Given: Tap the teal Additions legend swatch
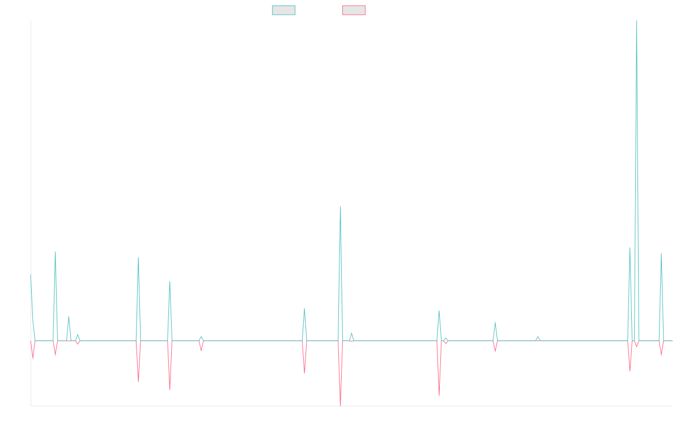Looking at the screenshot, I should click(284, 10).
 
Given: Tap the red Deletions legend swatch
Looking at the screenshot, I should click(354, 10).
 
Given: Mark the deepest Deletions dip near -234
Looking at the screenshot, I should click(340, 405).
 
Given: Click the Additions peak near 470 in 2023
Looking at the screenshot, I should click(340, 207).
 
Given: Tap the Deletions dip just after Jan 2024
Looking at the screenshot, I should click(439, 394).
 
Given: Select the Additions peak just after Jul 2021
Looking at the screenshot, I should click(138, 258).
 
